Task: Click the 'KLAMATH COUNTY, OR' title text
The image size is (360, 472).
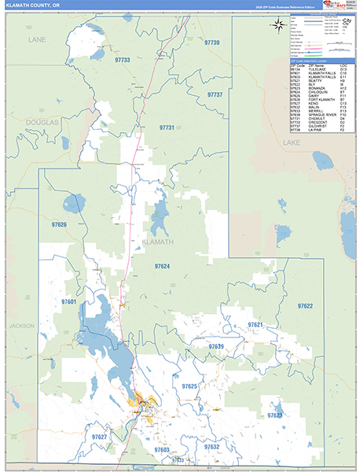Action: (x=32, y=6)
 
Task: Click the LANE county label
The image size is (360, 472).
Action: (x=37, y=39)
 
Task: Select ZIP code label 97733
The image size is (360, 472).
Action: (x=122, y=60)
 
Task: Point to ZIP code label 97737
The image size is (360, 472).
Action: (x=215, y=94)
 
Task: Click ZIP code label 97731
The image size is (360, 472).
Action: (x=168, y=127)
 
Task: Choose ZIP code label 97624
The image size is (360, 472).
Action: (x=162, y=267)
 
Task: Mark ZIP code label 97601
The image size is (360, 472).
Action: (x=68, y=301)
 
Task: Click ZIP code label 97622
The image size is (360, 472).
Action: (x=305, y=305)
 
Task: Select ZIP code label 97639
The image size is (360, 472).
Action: (x=216, y=346)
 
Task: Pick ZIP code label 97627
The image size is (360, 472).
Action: (x=99, y=436)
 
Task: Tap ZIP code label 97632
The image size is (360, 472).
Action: (x=211, y=446)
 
